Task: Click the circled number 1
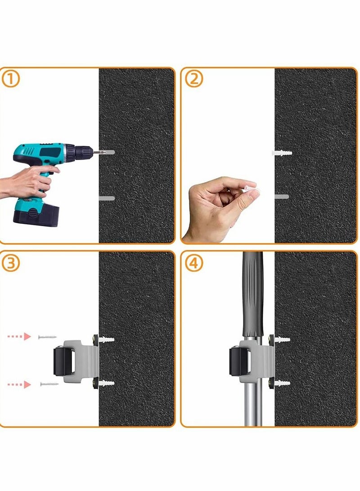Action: pyautogui.click(x=11, y=79)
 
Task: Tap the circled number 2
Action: pyautogui.click(x=194, y=79)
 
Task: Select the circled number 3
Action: pyautogui.click(x=11, y=263)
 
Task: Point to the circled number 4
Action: pyautogui.click(x=194, y=263)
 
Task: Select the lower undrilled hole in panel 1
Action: pyautogui.click(x=107, y=198)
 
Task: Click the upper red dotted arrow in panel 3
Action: pyautogui.click(x=19, y=336)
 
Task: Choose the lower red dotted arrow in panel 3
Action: pyautogui.click(x=19, y=384)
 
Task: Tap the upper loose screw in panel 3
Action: pyautogui.click(x=47, y=336)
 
